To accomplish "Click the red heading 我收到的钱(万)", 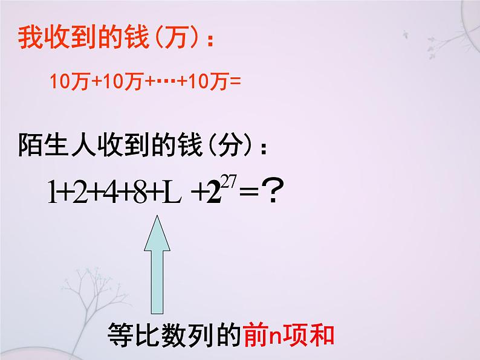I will (115, 39).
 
